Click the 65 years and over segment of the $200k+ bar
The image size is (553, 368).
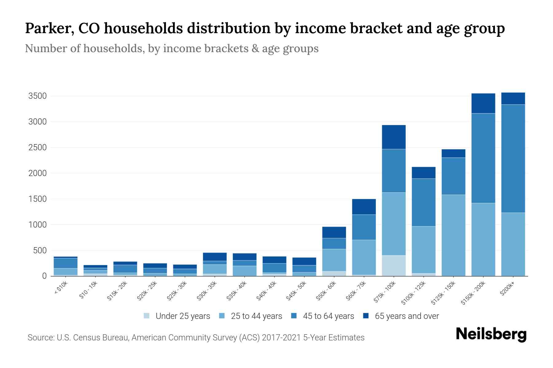(x=513, y=98)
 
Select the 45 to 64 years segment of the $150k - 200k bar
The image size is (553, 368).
(x=483, y=158)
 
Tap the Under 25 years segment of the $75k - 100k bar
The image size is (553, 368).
(x=394, y=266)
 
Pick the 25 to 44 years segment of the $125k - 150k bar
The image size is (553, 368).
(x=453, y=235)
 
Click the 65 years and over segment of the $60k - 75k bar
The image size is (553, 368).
(x=364, y=207)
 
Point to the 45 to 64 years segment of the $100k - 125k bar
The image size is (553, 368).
(x=424, y=202)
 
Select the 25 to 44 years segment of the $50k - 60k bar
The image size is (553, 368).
(x=334, y=260)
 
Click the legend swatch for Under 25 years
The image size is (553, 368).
(x=147, y=316)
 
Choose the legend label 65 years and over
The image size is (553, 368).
(x=407, y=316)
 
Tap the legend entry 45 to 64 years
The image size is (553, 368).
(x=328, y=316)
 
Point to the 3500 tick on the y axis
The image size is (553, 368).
(x=37, y=96)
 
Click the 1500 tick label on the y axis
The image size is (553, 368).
(x=37, y=199)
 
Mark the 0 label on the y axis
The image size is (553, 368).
(x=45, y=276)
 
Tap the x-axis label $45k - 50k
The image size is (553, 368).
(x=297, y=292)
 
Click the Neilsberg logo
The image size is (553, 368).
(x=491, y=334)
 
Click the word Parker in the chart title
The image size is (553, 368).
(x=49, y=29)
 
